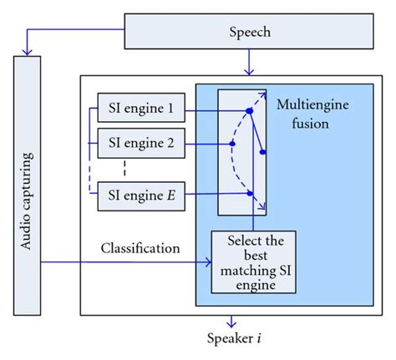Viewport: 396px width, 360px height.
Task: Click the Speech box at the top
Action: point(249,33)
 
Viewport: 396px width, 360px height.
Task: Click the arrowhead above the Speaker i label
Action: point(234,323)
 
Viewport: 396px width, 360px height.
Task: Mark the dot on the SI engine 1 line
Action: point(249,110)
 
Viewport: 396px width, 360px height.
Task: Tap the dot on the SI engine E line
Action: point(249,194)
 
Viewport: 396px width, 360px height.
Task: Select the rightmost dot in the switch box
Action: point(263,153)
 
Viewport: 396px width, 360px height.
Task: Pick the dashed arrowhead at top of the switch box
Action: point(263,92)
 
